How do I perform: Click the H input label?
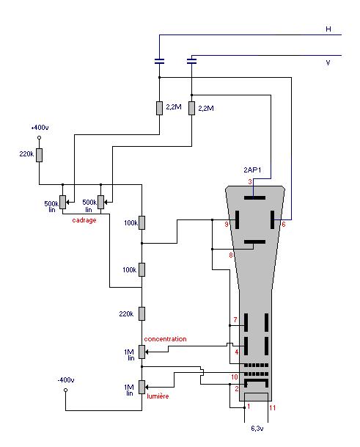click(328, 29)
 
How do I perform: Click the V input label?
click(328, 62)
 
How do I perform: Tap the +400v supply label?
click(40, 128)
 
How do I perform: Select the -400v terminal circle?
click(65, 390)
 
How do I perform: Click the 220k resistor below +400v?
click(40, 155)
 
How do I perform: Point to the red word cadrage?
click(84, 220)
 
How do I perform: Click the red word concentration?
click(165, 339)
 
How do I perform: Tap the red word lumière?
click(158, 396)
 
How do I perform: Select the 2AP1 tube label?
click(252, 170)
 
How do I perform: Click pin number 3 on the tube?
click(250, 181)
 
